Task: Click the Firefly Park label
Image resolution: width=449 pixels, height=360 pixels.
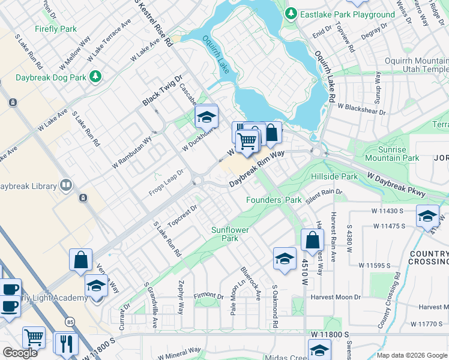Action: [56, 29]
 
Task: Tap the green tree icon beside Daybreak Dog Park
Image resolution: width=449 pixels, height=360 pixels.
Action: [94, 76]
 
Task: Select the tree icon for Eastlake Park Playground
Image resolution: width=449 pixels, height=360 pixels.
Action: [291, 13]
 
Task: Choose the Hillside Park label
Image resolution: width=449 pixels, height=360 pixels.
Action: [334, 177]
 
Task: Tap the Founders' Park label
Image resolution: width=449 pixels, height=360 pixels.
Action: [274, 200]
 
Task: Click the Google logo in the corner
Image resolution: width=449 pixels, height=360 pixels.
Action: [20, 352]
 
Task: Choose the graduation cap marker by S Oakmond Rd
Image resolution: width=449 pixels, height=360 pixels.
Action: [285, 258]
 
